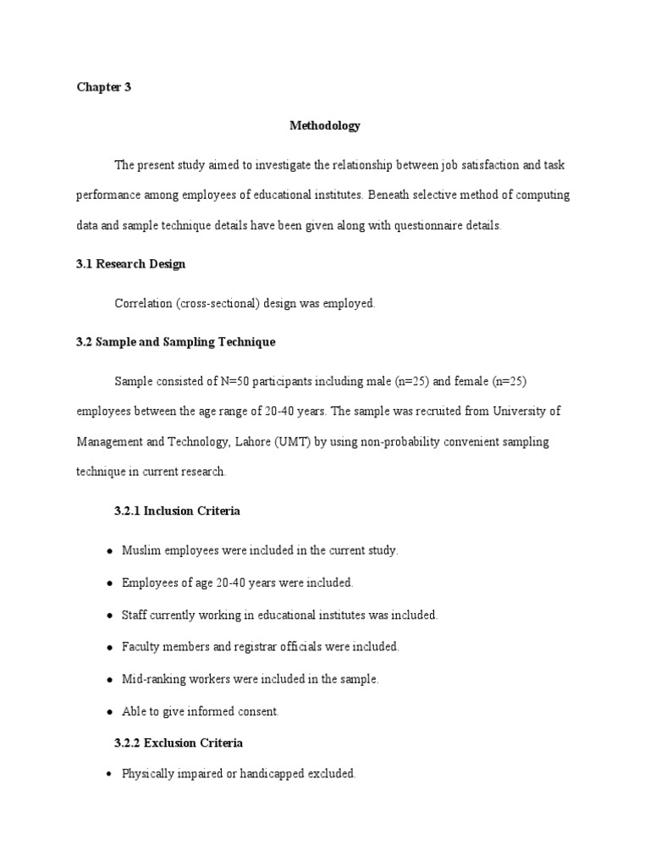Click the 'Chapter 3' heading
pos(103,87)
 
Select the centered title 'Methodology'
pos(325,126)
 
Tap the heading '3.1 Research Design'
pos(130,264)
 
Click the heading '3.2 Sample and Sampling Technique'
pos(175,342)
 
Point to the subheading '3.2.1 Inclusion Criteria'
pos(177,511)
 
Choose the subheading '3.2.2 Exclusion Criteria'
pos(178,743)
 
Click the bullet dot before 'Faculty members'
pos(110,648)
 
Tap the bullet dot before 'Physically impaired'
pos(110,775)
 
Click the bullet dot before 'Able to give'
pos(110,712)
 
